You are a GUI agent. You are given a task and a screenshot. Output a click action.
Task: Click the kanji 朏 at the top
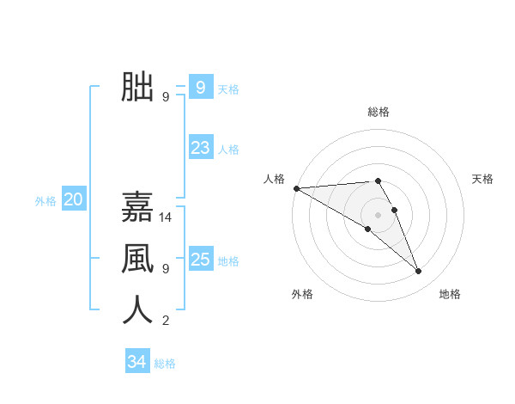pos(137,87)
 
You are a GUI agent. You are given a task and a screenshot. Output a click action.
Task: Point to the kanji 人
pos(137,309)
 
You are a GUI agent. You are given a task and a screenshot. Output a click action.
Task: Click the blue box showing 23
pos(200,147)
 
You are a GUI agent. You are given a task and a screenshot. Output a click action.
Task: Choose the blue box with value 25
pos(200,259)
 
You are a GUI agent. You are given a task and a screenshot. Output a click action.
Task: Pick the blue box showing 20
pos(73,200)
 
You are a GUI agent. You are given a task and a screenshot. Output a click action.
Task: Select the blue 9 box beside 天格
pos(200,87)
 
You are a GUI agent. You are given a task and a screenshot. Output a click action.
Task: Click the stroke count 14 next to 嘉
pos(166,217)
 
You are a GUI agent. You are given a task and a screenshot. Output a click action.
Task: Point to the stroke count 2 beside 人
pos(166,321)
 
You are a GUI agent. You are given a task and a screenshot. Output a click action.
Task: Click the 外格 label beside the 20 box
pos(45,201)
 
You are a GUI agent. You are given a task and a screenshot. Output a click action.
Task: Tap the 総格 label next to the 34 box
pos(165,364)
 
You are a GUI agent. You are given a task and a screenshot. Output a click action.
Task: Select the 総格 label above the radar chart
pos(379,112)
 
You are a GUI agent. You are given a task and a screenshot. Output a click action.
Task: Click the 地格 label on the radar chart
pos(450,294)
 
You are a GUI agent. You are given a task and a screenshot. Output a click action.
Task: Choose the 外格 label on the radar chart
pos(302,294)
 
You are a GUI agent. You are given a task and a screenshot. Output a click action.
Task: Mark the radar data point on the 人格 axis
pos(296,187)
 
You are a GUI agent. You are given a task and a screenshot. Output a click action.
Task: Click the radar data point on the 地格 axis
pos(419,272)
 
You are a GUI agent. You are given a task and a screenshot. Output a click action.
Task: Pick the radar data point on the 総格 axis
pos(378,181)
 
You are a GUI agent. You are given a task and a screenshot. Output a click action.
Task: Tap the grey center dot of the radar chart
pos(378,214)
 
